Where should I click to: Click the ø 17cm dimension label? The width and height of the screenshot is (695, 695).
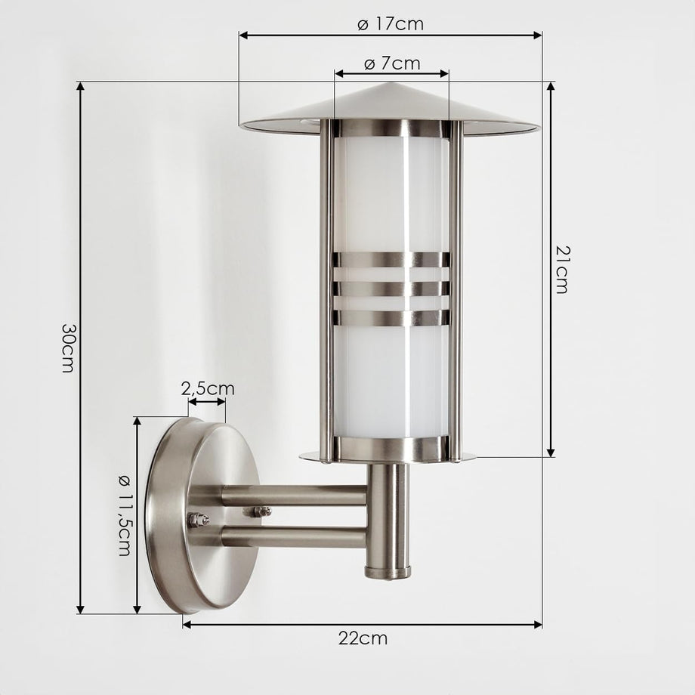click(391, 23)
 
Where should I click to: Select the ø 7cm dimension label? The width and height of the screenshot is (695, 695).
click(391, 63)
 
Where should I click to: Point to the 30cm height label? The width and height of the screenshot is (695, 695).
click(68, 347)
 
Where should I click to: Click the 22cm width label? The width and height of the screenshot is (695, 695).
click(363, 638)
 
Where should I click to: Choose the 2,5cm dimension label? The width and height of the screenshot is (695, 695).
click(208, 389)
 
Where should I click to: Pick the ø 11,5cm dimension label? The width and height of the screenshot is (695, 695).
click(125, 514)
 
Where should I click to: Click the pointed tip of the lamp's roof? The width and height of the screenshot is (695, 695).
click(391, 84)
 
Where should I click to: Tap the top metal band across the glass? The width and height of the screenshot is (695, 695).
click(391, 260)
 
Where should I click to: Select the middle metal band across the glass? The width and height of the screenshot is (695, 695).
click(391, 289)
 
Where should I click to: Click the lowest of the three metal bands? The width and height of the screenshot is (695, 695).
click(391, 317)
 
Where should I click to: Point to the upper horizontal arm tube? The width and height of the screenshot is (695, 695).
click(295, 496)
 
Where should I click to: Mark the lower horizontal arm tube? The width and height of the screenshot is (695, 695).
click(295, 536)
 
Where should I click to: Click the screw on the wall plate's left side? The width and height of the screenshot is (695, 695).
click(198, 519)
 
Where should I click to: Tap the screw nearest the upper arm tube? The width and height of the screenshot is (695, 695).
click(261, 512)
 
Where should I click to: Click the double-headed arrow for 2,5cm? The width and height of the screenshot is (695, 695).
click(207, 401)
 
